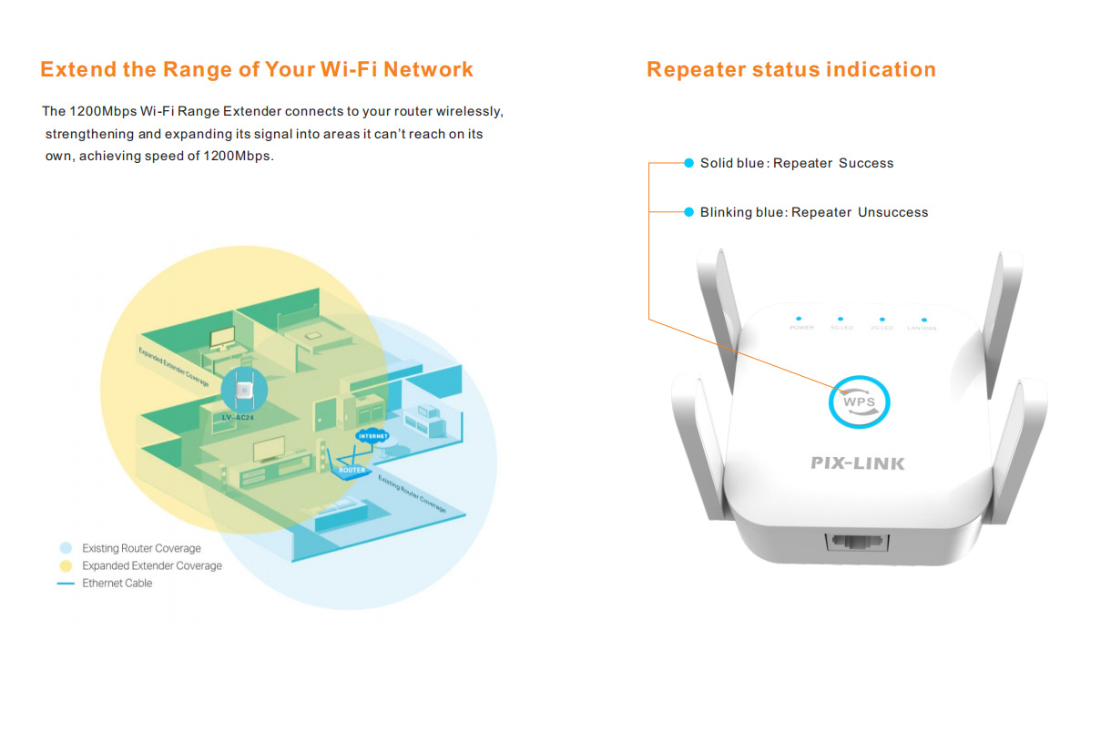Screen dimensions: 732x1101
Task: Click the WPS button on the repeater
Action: coord(859,402)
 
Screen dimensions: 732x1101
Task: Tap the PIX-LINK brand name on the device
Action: coord(858,463)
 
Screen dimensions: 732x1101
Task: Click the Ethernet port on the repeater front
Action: coord(856,544)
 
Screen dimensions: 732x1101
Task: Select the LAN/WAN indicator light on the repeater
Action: coord(923,320)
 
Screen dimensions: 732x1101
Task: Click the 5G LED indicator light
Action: coord(839,320)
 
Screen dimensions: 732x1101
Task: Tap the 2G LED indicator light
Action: coord(880,320)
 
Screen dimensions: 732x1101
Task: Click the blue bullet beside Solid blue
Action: coord(689,163)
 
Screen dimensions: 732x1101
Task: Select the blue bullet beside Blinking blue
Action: coord(689,212)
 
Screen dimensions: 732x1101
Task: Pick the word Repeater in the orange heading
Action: coord(695,70)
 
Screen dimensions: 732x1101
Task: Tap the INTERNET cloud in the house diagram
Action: coord(372,436)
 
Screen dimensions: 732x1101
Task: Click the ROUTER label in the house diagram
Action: coord(352,470)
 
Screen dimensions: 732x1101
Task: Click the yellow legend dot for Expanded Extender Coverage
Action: coord(66,565)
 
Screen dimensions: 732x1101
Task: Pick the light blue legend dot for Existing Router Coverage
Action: coord(66,548)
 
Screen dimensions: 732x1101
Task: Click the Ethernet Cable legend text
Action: coord(117,583)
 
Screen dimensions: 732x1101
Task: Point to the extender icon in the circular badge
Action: coord(243,389)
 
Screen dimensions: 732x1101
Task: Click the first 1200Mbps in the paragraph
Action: coord(103,112)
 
